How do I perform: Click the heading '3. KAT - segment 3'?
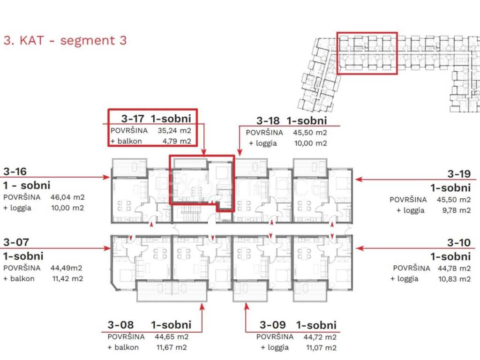65,40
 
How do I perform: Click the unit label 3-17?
132,119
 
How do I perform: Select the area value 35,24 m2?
174,130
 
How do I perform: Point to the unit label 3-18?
268,120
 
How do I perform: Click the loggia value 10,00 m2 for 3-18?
310,143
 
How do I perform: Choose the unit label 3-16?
15,172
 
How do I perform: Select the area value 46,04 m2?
67,197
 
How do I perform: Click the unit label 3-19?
459,174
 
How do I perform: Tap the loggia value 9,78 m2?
456,210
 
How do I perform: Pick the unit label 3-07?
16,242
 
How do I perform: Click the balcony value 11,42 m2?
67,278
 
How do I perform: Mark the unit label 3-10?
459,242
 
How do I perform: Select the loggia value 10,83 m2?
454,279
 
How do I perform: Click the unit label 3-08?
120,325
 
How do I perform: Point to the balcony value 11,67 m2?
172,347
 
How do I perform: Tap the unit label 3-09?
273,325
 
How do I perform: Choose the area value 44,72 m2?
320,337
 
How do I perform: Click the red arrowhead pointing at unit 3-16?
106,177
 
